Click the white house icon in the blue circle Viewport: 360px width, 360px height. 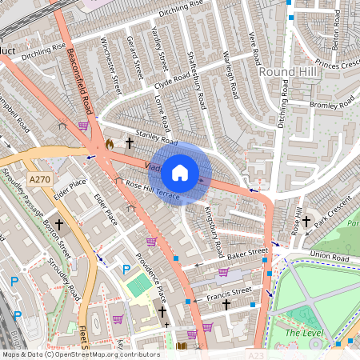click(180, 172)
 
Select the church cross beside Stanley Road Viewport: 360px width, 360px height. click(129, 142)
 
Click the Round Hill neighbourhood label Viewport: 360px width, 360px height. click(289, 73)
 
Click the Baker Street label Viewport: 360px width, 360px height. click(246, 254)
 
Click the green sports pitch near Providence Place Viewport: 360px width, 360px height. click(138, 284)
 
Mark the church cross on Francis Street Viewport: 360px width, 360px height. click(226, 305)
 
